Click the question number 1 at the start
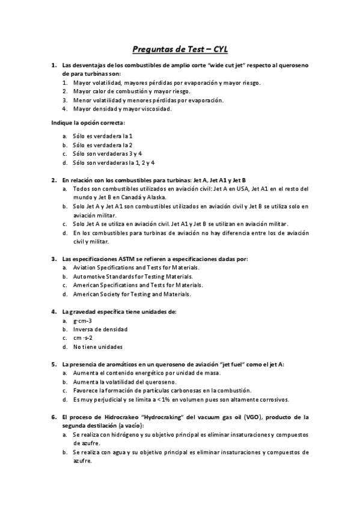tap(54, 64)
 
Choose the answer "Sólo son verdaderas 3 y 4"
tap(108, 153)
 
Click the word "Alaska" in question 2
tap(156, 197)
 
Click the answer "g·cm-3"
tap(82, 321)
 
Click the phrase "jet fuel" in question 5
tap(236, 364)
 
